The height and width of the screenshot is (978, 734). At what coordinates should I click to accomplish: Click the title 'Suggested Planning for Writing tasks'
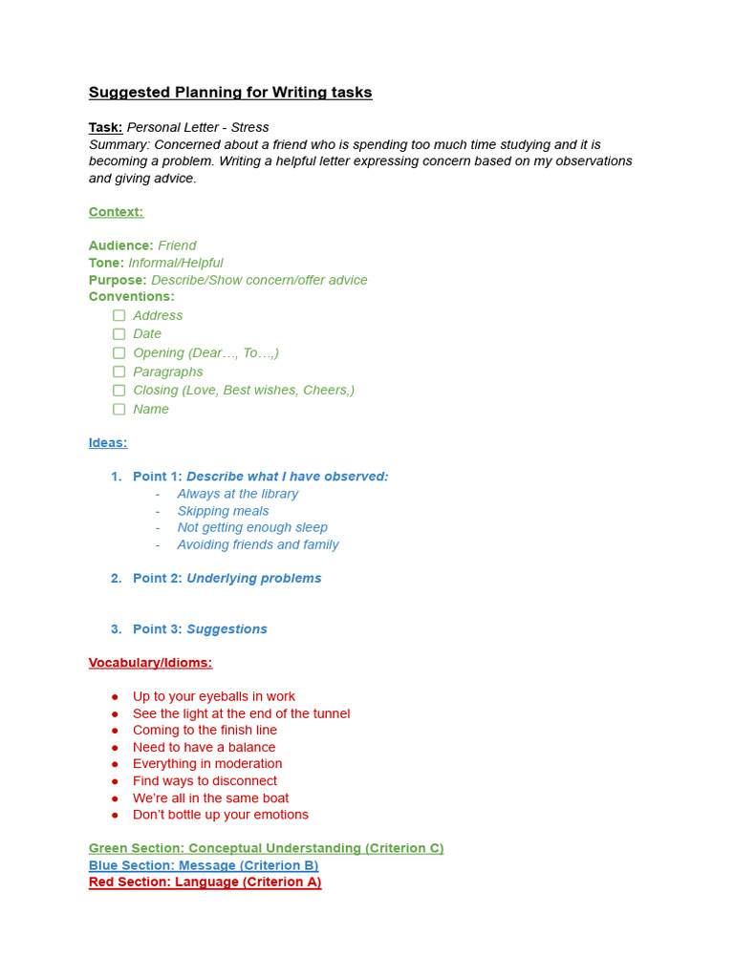(230, 93)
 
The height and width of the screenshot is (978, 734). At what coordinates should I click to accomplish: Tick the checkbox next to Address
(119, 315)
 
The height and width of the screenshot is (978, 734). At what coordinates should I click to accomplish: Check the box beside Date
(119, 334)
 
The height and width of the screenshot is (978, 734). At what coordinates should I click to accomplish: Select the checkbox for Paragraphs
(119, 372)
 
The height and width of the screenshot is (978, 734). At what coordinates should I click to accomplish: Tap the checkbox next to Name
(119, 409)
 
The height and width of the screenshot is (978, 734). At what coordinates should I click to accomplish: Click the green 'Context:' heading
(116, 212)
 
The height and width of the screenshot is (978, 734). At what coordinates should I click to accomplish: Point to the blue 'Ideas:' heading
(108, 443)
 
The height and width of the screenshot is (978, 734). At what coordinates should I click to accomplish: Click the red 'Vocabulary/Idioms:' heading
(150, 663)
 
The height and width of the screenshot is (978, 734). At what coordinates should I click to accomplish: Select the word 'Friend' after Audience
(177, 245)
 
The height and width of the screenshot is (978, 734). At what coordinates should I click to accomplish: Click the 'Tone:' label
(106, 263)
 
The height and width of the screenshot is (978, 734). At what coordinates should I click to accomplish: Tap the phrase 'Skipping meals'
(223, 511)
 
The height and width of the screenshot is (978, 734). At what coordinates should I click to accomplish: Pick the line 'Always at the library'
(237, 494)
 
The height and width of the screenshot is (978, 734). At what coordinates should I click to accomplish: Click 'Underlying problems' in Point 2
(253, 578)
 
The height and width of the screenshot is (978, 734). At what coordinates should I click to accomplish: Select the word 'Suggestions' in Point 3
(227, 628)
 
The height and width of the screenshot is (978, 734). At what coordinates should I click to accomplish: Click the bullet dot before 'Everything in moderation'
(116, 764)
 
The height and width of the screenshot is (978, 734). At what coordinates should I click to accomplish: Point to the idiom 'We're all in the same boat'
(210, 797)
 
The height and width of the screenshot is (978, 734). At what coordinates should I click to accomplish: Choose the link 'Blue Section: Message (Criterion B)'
(204, 865)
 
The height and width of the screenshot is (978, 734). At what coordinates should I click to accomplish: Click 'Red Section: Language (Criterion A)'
(205, 882)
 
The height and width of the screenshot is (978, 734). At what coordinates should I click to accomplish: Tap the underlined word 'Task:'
(105, 127)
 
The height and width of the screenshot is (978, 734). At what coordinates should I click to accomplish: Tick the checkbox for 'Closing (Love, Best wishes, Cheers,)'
(119, 391)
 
